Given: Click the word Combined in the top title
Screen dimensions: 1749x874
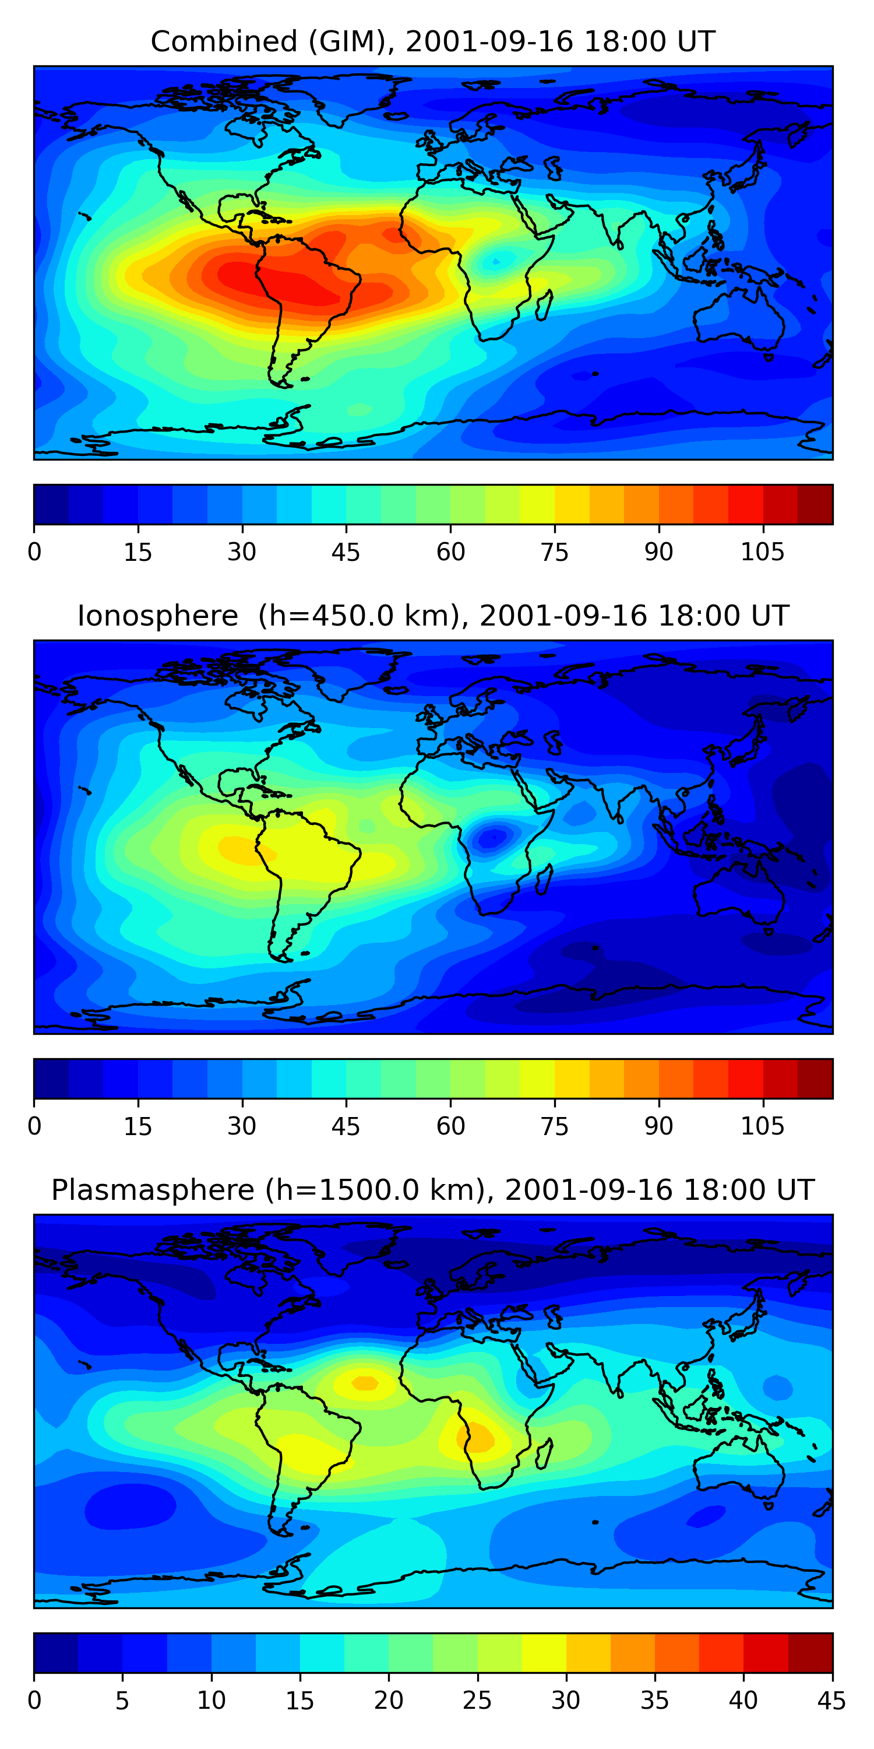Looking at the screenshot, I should point(223,41).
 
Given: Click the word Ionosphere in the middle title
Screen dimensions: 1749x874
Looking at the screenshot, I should point(157,616).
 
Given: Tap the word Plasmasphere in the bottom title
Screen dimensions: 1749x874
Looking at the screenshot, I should point(153,1190).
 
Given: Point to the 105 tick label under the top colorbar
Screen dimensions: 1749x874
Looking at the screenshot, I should point(762,552).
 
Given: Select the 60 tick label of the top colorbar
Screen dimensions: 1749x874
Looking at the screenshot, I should point(450,552).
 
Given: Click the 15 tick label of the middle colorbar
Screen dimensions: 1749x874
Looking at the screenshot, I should point(138,1126).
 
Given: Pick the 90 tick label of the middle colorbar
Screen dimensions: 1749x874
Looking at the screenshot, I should point(658,1126).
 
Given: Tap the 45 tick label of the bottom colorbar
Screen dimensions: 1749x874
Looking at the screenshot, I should point(831,1701).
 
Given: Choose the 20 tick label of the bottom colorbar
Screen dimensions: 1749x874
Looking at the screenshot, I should point(388,1701).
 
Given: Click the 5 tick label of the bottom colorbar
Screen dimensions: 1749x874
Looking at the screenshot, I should point(122,1701).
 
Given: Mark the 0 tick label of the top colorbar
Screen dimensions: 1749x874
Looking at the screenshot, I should point(34,552).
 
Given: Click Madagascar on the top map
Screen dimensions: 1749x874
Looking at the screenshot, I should point(544,305).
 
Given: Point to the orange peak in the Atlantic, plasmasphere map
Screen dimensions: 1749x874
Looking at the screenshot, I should point(365,1383).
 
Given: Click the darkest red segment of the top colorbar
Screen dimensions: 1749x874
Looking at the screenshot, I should point(815,504).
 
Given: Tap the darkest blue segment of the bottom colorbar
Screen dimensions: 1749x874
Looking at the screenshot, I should point(55,1653).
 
